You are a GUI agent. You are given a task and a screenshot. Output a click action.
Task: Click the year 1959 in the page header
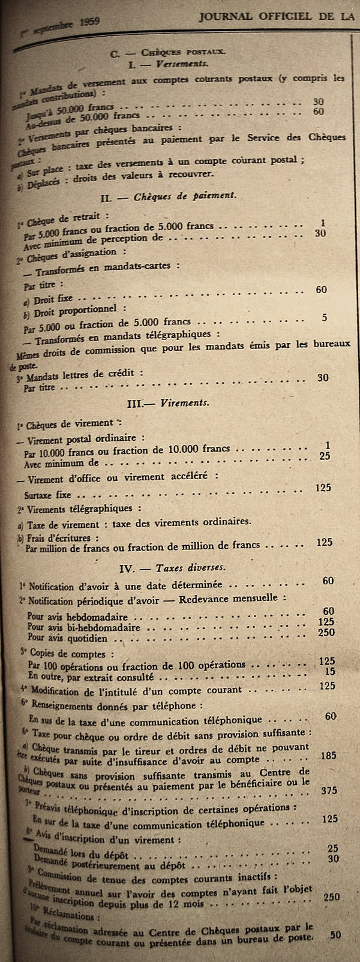pyautogui.click(x=88, y=23)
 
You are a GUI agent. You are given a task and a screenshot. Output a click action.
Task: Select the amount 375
pyautogui.click(x=329, y=790)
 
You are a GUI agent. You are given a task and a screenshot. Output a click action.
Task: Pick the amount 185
pyautogui.click(x=328, y=755)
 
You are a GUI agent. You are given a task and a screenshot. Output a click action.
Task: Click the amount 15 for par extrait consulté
pyautogui.click(x=330, y=671)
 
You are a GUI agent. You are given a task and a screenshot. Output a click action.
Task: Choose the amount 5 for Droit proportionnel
pyautogui.click(x=325, y=317)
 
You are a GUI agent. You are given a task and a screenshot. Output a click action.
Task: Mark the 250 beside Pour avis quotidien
pyautogui.click(x=326, y=632)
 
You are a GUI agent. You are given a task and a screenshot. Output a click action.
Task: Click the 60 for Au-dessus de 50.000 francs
pyautogui.click(x=319, y=111)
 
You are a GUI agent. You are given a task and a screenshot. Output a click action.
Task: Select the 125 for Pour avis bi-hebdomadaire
pyautogui.click(x=326, y=622)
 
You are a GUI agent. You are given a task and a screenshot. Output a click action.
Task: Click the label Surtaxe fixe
pyautogui.click(x=47, y=495)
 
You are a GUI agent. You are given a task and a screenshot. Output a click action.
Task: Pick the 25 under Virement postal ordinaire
pyautogui.click(x=325, y=455)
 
